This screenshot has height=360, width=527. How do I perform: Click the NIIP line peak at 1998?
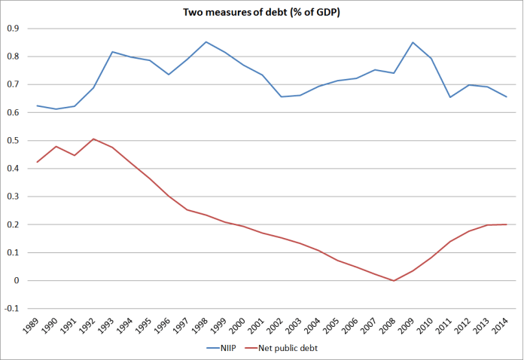206,41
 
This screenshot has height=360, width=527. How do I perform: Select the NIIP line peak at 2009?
413,42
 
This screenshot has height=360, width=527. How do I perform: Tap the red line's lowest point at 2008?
394,281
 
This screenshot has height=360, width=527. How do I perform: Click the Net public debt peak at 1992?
93,139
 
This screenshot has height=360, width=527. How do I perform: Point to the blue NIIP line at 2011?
450,97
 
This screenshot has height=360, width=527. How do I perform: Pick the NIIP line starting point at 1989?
37,105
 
